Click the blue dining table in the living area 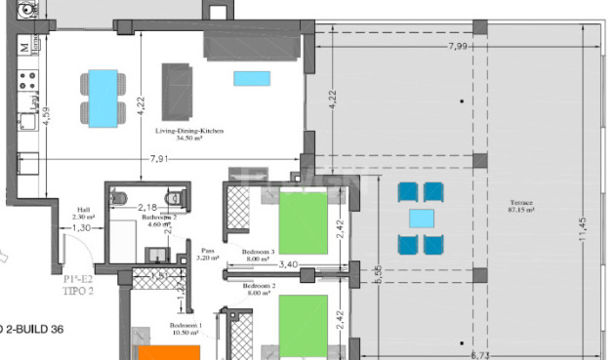[102, 97]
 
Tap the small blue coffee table [246, 78]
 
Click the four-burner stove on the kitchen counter [29, 76]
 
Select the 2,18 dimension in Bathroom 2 [147, 207]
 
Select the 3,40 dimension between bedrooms [288, 264]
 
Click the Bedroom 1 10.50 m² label [185, 329]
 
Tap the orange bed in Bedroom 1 [168, 352]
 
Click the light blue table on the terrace [421, 218]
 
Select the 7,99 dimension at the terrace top [459, 47]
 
